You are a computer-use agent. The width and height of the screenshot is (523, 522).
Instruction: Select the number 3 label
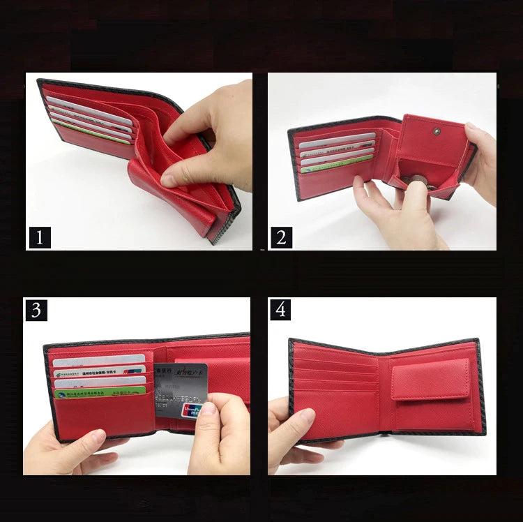pos(36,309)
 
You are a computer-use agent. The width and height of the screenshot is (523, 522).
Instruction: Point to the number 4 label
pos(281,309)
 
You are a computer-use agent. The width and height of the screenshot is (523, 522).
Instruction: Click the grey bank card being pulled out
pos(180,387)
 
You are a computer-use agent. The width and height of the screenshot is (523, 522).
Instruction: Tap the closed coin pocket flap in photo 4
pos(430,380)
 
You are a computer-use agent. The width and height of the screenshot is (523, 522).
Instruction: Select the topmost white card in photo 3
pos(98,361)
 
